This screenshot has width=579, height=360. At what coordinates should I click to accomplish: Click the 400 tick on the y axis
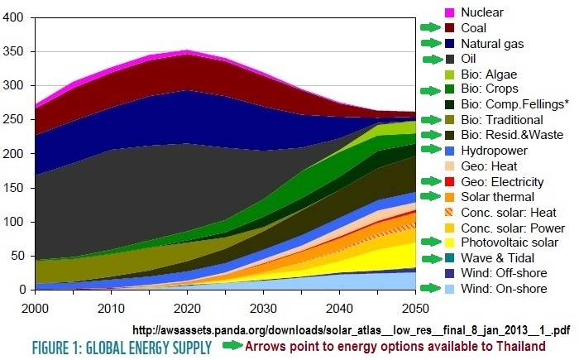(x=15, y=17)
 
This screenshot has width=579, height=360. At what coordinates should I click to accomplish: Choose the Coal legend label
(x=475, y=27)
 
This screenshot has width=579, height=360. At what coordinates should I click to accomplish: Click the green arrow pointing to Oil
(x=433, y=59)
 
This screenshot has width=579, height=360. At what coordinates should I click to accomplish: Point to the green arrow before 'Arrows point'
(x=237, y=345)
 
